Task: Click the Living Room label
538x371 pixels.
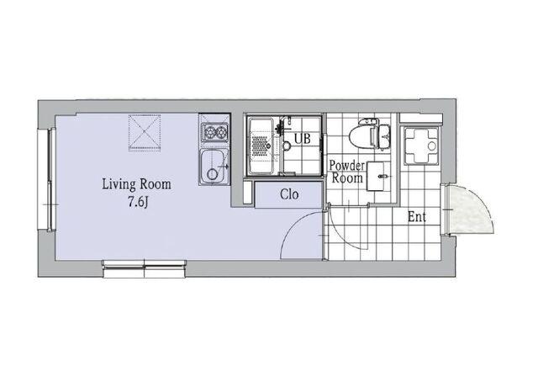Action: (x=136, y=184)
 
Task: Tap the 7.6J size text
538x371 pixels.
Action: (x=138, y=203)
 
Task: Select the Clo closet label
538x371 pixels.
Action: (x=289, y=194)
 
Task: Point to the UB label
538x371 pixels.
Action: (x=303, y=139)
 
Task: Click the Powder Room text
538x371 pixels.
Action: (x=347, y=172)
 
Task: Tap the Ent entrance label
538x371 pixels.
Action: (x=417, y=217)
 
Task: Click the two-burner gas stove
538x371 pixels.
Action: (x=215, y=132)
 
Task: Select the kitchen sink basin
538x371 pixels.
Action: (x=214, y=167)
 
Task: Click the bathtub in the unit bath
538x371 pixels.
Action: (x=261, y=146)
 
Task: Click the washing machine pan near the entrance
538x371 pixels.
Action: (x=421, y=146)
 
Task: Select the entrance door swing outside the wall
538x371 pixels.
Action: (x=472, y=209)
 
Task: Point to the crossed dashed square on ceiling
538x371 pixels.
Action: (x=145, y=133)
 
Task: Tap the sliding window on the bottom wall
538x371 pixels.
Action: (x=145, y=268)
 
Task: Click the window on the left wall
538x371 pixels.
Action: (x=47, y=179)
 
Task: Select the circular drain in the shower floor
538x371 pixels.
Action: (x=287, y=146)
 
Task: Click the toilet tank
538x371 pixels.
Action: (x=384, y=137)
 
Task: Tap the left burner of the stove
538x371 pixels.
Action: (x=209, y=131)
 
